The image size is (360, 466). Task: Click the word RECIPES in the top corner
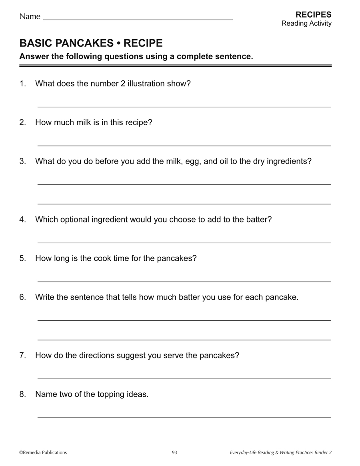pos(313,15)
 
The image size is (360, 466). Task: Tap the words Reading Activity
pos(306,24)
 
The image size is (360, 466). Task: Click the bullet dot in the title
pos(119,43)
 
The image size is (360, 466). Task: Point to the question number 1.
pos(22,84)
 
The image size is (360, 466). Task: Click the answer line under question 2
pos(184,145)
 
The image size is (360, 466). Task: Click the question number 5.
pos(22,258)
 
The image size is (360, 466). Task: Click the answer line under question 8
pos(184,417)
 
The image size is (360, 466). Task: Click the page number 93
pos(174,452)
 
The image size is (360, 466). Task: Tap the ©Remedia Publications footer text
pos(43,452)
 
